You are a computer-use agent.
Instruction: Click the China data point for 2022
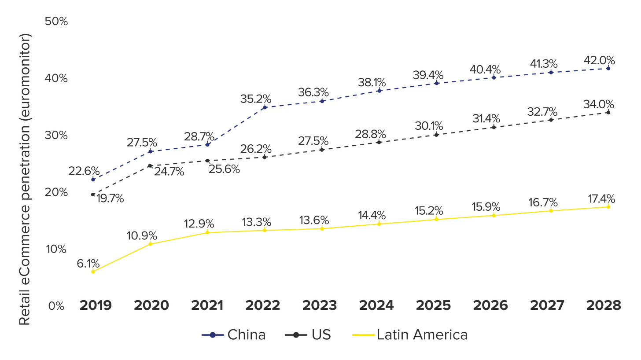[x=265, y=107]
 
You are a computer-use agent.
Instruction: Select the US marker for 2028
[x=608, y=112]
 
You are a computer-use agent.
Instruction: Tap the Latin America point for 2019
[x=93, y=272]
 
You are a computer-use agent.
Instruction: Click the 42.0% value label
[x=600, y=60]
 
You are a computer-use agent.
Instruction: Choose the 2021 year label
[x=207, y=305]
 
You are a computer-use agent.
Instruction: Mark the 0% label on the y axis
[x=56, y=305]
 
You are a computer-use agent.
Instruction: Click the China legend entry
[x=234, y=335]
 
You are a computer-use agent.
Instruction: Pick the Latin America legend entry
[x=410, y=335]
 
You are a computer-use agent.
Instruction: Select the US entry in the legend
[x=308, y=335]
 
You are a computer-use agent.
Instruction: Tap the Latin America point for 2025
[x=436, y=219]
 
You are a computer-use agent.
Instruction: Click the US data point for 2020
[x=150, y=165]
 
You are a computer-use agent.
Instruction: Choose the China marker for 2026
[x=494, y=77]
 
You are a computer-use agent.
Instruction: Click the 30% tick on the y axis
[x=56, y=135]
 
